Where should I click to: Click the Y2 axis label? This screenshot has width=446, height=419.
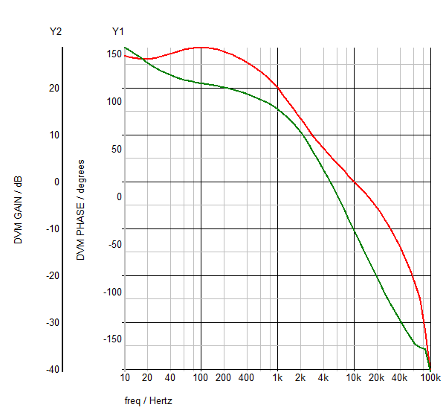(55, 31)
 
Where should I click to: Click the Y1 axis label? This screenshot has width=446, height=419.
(117, 31)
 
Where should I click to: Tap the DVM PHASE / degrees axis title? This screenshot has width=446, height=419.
(80, 209)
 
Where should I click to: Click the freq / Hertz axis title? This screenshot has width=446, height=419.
(149, 401)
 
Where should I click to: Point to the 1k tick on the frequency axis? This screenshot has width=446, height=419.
(277, 378)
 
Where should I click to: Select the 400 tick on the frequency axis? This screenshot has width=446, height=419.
(246, 378)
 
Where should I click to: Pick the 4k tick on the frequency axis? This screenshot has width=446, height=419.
(323, 378)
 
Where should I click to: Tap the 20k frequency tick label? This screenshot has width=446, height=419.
(377, 378)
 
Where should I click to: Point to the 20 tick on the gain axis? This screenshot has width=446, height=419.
(54, 88)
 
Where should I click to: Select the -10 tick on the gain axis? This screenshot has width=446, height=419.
(51, 228)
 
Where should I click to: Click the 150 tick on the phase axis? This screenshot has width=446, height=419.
(114, 54)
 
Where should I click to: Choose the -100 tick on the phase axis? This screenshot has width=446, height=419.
(112, 292)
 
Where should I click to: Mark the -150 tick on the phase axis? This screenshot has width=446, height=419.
(112, 339)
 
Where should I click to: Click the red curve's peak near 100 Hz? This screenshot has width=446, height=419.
(201, 47)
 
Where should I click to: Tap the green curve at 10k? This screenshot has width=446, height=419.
(354, 231)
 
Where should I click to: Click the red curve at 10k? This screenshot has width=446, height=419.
(354, 182)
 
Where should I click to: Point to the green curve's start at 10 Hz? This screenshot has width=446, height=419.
(125, 48)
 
